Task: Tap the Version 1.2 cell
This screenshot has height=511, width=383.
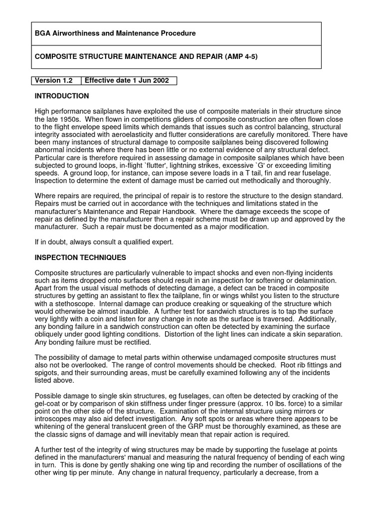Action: coord(55,80)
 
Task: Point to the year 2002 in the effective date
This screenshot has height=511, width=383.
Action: coord(162,80)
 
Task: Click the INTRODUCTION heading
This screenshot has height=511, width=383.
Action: coord(62,96)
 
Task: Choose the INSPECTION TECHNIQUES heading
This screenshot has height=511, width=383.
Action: coord(80,257)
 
